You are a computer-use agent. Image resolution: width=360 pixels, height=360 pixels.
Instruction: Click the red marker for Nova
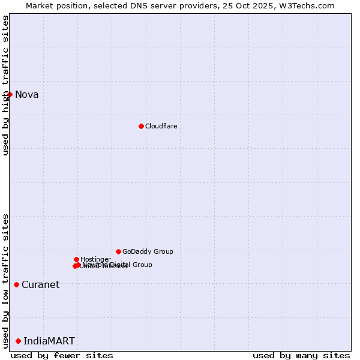pos(10,94)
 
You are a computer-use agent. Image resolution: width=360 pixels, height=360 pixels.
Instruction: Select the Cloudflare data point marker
pos(141,126)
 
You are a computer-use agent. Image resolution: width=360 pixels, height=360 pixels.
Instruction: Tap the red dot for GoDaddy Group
pos(118,251)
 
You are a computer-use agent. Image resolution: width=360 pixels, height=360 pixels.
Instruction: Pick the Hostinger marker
pos(76,259)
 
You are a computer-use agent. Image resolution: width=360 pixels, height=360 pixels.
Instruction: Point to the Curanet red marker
pos(16,284)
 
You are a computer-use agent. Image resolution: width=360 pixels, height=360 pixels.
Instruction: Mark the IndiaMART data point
pos(18,341)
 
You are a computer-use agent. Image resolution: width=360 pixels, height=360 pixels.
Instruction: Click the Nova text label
pos(26,94)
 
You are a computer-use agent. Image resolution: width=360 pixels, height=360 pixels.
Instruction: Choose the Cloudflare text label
pos(161,126)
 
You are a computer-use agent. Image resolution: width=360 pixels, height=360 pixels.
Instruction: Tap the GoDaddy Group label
pos(148,251)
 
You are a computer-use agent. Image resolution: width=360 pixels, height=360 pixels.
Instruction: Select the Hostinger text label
pos(95,259)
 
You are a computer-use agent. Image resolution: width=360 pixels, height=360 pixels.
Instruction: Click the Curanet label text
pos(40,284)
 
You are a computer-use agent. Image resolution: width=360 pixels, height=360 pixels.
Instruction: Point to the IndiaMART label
pos(49,341)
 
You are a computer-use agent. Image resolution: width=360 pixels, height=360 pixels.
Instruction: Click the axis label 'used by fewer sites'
pos(62,355)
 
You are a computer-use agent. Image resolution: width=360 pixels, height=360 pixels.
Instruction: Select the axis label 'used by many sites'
pos(301,355)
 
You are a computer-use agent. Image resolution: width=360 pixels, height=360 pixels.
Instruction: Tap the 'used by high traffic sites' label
pos(5,85)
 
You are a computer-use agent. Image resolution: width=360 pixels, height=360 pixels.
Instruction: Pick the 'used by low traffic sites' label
pos(5,281)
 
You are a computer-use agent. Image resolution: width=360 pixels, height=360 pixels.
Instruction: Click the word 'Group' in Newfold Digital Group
pos(142,265)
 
